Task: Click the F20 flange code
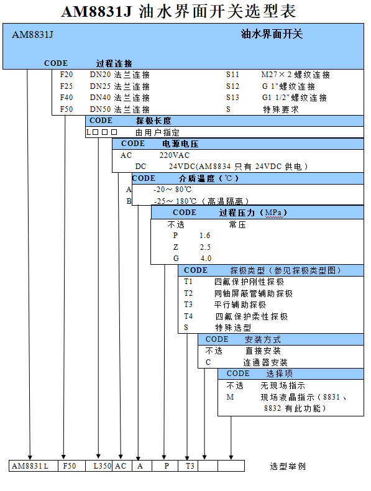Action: pyautogui.click(x=66, y=75)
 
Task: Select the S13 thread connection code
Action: pyautogui.click(x=232, y=98)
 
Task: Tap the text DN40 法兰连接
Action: pyautogui.click(x=119, y=98)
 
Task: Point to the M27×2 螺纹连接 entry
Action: pyautogui.click(x=296, y=75)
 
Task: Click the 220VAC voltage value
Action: pyautogui.click(x=175, y=155)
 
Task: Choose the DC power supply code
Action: pyautogui.click(x=140, y=167)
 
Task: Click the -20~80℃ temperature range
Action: pyautogui.click(x=172, y=190)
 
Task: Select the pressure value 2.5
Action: pyautogui.click(x=205, y=247)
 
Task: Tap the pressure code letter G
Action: pyautogui.click(x=176, y=259)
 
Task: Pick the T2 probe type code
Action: pyautogui.click(x=188, y=293)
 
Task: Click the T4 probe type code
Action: pyautogui.click(x=188, y=316)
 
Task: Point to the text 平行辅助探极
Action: pyautogui.click(x=240, y=305)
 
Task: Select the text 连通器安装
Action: pyautogui.click(x=265, y=362)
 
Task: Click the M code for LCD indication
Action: pyautogui.click(x=230, y=397)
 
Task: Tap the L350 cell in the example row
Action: pyautogui.click(x=103, y=466)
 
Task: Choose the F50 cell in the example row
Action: pyautogui.click(x=70, y=466)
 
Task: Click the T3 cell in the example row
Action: pyautogui.click(x=190, y=466)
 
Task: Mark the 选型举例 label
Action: pyautogui.click(x=288, y=466)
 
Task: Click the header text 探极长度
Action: pyautogui.click(x=153, y=121)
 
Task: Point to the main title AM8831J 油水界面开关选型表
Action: pyautogui.click(x=178, y=11)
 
